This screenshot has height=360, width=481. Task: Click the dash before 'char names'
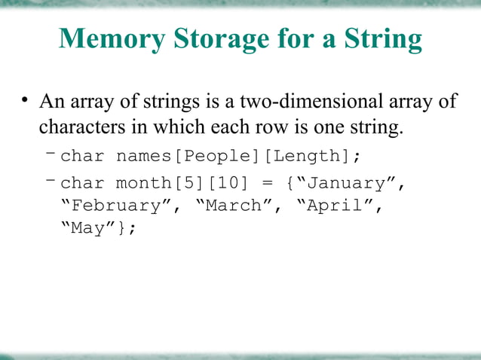pos(50,154)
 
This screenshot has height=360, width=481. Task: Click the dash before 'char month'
pos(50,181)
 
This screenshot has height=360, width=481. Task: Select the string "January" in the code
pos(348,183)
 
